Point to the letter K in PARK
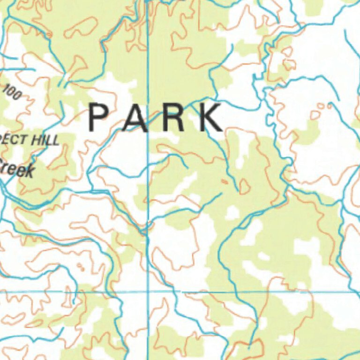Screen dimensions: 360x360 pyautogui.click(x=210, y=118)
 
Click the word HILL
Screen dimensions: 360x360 pyautogui.click(x=46, y=140)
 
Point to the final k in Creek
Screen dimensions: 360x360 pyautogui.click(x=29, y=172)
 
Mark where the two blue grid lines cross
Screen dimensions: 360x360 pyautogui.click(x=148, y=292)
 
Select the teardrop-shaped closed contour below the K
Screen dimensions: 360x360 pyautogui.click(x=244, y=187)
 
